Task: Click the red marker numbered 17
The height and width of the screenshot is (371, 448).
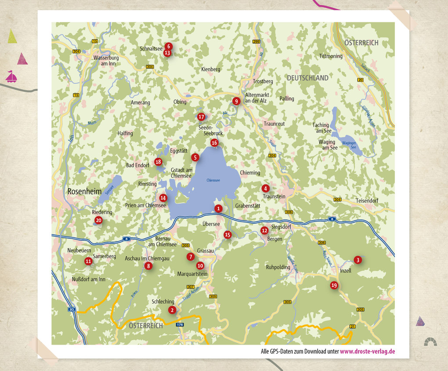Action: tap(201, 117)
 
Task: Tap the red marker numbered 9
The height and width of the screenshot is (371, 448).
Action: tap(236, 101)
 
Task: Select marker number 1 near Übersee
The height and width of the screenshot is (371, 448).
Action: tap(218, 208)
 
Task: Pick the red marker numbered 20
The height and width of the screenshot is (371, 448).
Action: tap(98, 220)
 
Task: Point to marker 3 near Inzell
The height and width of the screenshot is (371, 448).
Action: tap(358, 260)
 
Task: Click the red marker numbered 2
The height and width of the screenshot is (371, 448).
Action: tap(172, 310)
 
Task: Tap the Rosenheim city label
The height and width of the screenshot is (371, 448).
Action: tap(84, 192)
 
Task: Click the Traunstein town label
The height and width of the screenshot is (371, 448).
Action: tap(274, 196)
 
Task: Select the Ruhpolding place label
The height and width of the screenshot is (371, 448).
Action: tap(278, 267)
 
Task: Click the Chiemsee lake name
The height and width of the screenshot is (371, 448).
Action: tap(213, 180)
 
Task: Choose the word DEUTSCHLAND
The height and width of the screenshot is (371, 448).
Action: tap(307, 78)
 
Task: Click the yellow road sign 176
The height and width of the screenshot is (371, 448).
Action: tap(179, 324)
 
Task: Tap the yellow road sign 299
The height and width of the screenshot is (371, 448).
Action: tap(257, 41)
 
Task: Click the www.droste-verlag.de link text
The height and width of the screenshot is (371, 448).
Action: tap(367, 351)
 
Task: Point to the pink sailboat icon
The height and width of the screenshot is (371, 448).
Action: tap(11, 77)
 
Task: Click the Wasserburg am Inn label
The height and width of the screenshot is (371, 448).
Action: tap(105, 60)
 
